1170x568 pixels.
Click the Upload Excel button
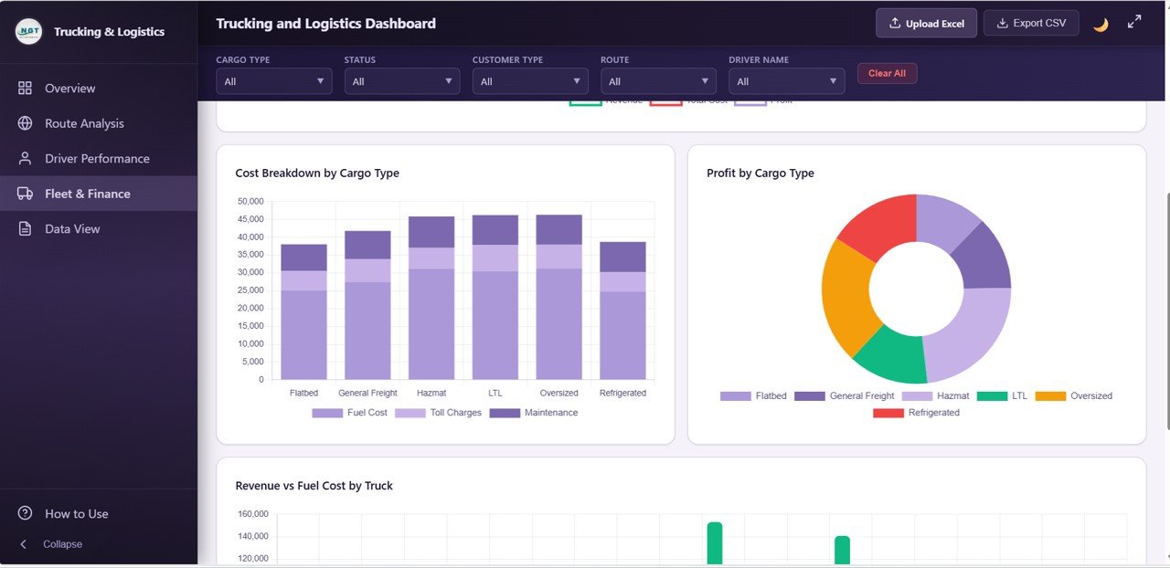point(926,23)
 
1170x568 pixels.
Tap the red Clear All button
point(887,73)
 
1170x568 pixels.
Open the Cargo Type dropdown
point(274,81)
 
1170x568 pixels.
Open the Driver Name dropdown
point(786,81)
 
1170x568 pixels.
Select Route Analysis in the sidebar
point(84,123)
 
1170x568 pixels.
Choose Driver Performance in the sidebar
point(97,158)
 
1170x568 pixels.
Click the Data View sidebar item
point(72,228)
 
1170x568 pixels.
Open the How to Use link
point(76,513)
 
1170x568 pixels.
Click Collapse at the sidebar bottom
point(62,544)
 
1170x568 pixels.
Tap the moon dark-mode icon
point(1101,24)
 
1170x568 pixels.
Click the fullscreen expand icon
point(1134,22)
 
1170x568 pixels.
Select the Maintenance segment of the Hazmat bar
point(431,232)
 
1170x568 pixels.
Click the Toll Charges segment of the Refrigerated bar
point(622,281)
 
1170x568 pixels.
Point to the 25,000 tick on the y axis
point(250,290)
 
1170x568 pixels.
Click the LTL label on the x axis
point(495,393)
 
